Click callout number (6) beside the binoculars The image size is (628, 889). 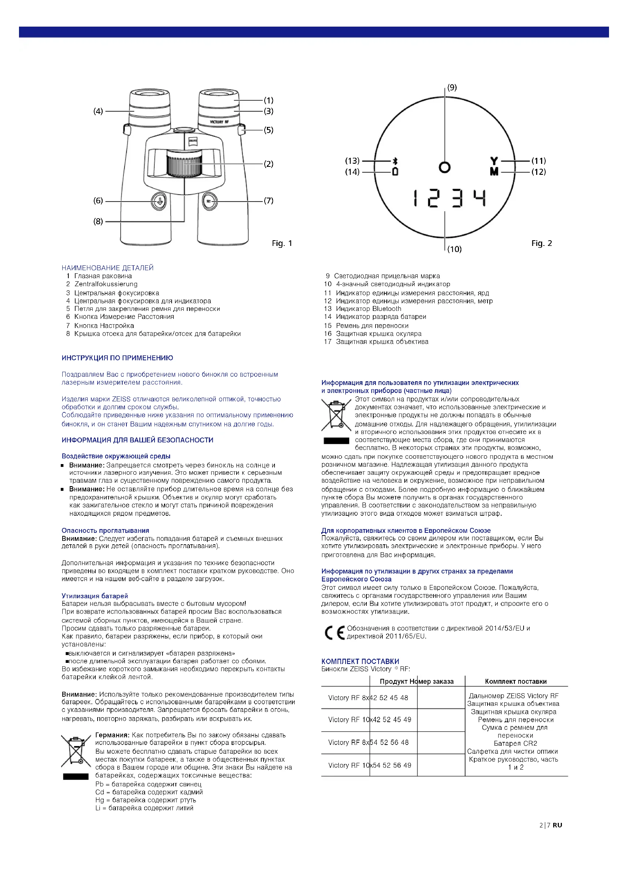(98, 201)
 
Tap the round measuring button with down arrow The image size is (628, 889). (159, 201)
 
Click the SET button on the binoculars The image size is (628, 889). (209, 201)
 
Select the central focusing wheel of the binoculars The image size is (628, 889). (185, 164)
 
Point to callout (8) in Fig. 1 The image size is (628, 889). (98, 222)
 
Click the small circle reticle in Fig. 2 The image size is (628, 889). (445, 167)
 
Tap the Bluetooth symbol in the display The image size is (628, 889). (395, 161)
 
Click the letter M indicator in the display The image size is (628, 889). (494, 171)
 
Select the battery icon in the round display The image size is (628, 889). (395, 171)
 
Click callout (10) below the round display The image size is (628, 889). (454, 249)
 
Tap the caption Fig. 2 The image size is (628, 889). (541, 243)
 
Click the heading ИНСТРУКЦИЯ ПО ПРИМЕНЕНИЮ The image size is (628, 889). (117, 358)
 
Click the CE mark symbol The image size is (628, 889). (335, 633)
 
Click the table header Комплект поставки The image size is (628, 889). (516, 681)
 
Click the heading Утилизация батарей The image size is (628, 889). (95, 596)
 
